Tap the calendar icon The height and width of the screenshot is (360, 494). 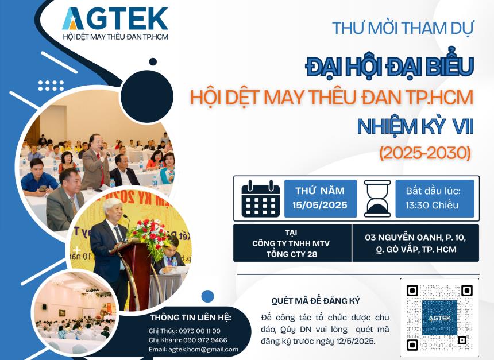(x=261, y=199)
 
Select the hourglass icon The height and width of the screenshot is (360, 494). (x=377, y=199)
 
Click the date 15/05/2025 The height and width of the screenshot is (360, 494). (x=320, y=205)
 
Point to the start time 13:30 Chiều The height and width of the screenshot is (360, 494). (x=432, y=206)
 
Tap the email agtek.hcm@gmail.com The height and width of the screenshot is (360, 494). (x=203, y=349)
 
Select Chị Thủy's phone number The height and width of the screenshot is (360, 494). (x=199, y=331)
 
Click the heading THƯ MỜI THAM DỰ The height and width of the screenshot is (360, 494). (x=403, y=28)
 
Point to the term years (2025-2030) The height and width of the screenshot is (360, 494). (x=425, y=153)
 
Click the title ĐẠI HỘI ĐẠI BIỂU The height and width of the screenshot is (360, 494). (x=389, y=67)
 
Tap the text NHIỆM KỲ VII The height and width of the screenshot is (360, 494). (x=415, y=126)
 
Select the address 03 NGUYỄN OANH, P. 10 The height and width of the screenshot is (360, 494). (x=415, y=237)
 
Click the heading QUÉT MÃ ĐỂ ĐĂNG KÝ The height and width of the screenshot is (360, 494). (x=315, y=301)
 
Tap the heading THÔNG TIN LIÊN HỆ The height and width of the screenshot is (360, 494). (x=191, y=318)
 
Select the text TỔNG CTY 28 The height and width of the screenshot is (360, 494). (x=292, y=254)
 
